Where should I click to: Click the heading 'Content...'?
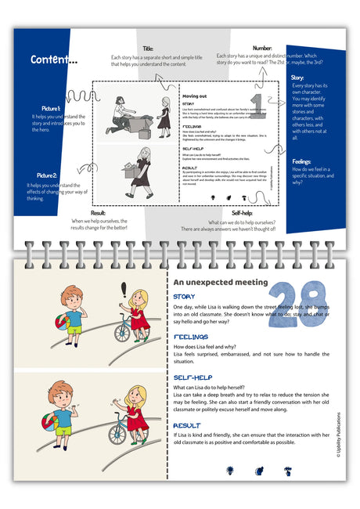click(x=54, y=60)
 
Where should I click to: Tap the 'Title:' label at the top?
click(x=148, y=49)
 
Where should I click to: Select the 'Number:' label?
click(x=262, y=49)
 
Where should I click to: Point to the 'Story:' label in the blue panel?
click(x=297, y=78)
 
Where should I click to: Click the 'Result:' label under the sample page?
click(x=98, y=213)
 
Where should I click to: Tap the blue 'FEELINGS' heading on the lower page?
click(x=191, y=337)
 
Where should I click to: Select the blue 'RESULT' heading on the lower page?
click(x=187, y=425)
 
